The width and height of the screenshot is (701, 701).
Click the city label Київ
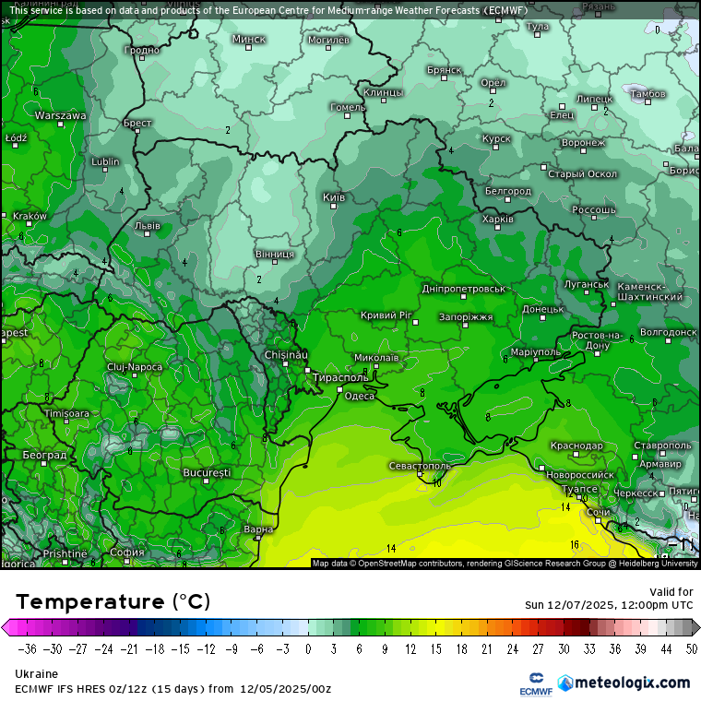pos(334,197)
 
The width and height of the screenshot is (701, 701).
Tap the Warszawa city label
pos(61,115)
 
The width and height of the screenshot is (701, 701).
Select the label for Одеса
pos(359,396)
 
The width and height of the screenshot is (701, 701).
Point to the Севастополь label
pos(420,466)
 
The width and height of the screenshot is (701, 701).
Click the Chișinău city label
pos(286,355)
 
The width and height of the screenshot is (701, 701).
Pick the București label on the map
pos(207,472)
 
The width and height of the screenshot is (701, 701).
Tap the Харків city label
pos(498,220)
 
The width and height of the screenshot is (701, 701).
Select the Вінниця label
pos(275,253)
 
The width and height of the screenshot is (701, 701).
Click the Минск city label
pos(249,39)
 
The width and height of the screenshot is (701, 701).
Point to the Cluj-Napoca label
pos(134,366)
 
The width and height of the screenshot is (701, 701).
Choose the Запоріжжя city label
pos(465,316)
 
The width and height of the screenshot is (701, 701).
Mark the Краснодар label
pos(576,446)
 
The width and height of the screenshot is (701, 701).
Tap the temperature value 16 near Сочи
pos(574,544)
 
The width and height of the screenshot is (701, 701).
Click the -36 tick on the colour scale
pos(27,648)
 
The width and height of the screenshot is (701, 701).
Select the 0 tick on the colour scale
pos(308,648)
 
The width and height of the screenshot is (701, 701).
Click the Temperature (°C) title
pos(113,601)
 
